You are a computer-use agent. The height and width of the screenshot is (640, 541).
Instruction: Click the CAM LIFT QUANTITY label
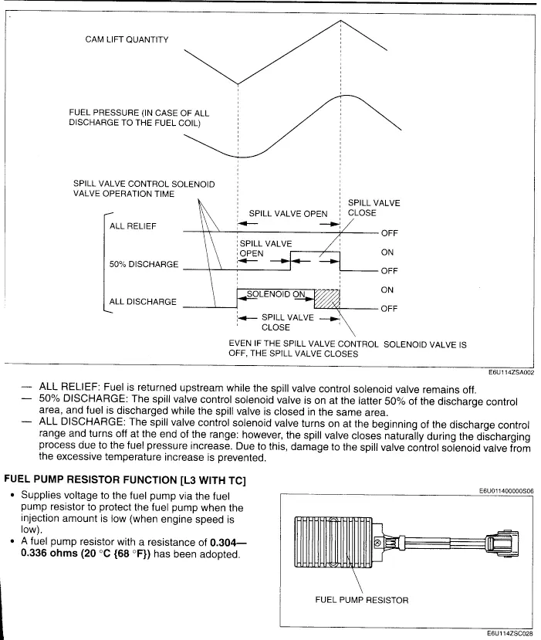pos(127,40)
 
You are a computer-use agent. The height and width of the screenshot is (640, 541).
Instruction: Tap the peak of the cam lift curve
pos(340,21)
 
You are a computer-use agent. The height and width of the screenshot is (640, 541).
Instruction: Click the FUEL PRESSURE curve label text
pos(139,119)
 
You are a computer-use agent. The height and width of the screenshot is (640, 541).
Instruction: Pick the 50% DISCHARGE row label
pos(144,265)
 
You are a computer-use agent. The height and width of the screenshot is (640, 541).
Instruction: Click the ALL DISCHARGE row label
pos(143,302)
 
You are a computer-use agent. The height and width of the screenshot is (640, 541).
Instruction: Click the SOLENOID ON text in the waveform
pos(276,293)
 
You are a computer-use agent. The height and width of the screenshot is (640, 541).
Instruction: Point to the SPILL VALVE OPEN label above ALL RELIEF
pos(288,214)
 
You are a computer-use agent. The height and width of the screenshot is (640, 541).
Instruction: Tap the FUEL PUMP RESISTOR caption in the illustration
pos(363,598)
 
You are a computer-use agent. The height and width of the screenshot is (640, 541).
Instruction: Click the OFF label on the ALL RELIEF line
pos(389,233)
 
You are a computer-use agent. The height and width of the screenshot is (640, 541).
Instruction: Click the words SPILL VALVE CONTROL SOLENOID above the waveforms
pos(144,185)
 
